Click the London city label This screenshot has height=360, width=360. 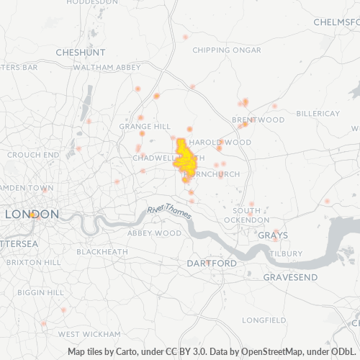click(32, 215)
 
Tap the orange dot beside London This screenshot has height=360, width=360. click(33, 214)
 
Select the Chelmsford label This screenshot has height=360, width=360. click(336, 22)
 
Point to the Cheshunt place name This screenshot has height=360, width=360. click(80, 53)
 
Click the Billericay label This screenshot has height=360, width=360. click(317, 114)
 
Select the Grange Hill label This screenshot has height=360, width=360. click(145, 126)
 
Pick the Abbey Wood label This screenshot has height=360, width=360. click(154, 233)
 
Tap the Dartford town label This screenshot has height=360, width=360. click(211, 264)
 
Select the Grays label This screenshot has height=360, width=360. click(272, 235)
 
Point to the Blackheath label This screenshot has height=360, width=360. click(103, 252)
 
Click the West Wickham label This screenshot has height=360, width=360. click(89, 334)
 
